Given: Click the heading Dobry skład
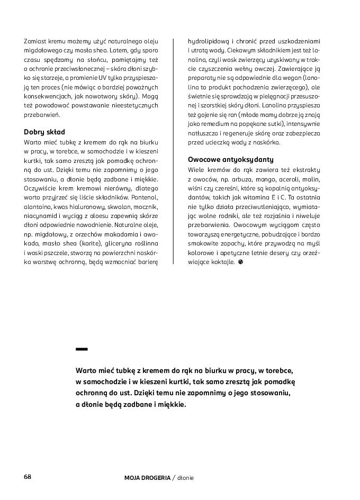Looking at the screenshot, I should pos(44,132).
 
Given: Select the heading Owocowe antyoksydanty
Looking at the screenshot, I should pos(230,159).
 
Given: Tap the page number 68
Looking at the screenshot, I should pos(28,477).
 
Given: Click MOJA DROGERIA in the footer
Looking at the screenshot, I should pos(147,478).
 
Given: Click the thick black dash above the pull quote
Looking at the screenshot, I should pos(82,349).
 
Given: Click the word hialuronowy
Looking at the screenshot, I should pos(86,206).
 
